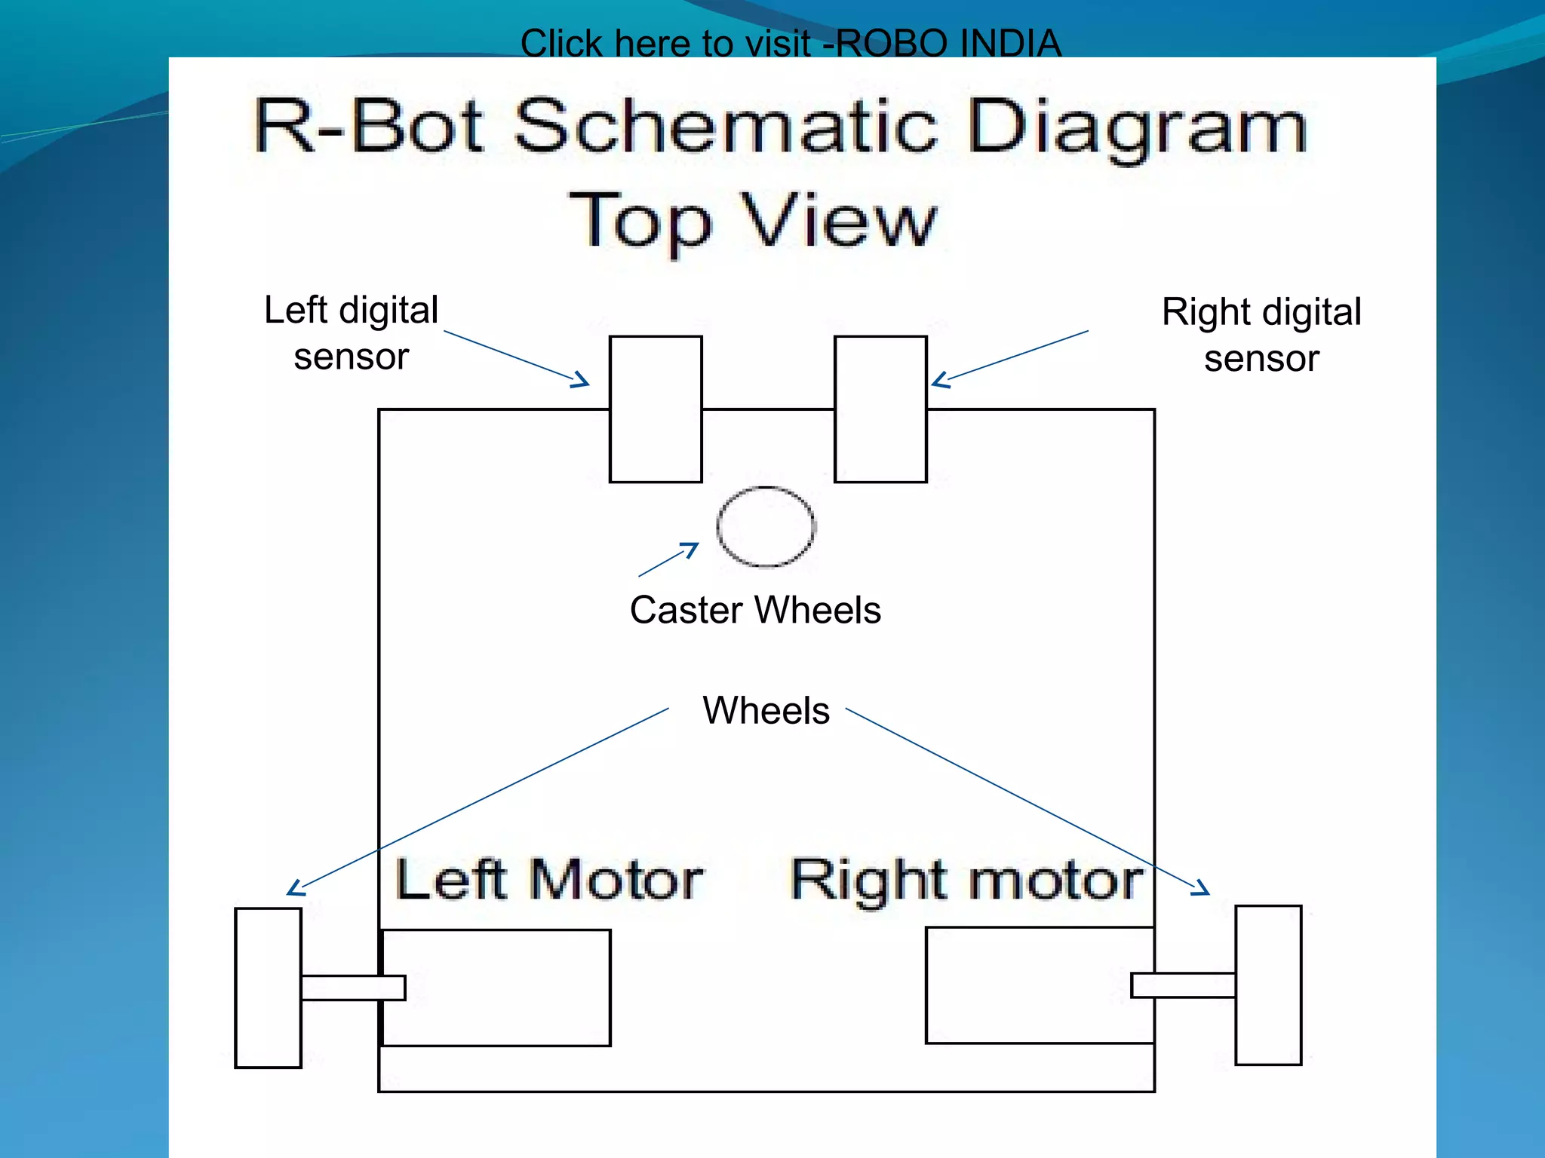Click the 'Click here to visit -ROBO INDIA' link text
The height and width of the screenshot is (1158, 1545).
click(790, 43)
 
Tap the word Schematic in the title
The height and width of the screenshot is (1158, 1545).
click(725, 126)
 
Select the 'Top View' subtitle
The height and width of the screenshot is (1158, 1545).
click(752, 220)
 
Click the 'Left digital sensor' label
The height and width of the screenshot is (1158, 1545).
click(351, 332)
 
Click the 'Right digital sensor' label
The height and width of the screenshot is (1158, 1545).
click(1261, 335)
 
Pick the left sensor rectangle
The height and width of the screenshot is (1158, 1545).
click(656, 409)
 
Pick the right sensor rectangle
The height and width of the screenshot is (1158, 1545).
click(880, 409)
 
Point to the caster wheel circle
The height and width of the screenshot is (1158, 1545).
click(766, 526)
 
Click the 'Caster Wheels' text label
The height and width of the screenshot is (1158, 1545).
click(755, 609)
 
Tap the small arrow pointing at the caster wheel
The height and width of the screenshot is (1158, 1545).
click(668, 559)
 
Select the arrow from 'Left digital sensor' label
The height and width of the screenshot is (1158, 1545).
click(517, 358)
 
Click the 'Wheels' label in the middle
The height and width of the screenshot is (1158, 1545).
click(766, 710)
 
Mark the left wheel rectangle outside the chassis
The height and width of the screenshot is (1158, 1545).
click(268, 988)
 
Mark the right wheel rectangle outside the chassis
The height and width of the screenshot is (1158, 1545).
click(1268, 985)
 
